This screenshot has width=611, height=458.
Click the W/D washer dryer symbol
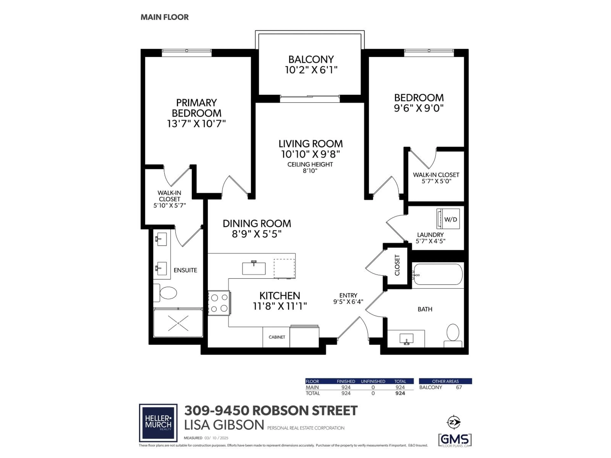click(x=448, y=219)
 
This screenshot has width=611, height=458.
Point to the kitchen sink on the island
click(x=254, y=268)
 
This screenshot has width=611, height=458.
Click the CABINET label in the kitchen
click(x=277, y=337)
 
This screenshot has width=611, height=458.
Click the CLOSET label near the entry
click(x=397, y=265)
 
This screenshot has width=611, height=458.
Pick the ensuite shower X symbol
click(x=178, y=323)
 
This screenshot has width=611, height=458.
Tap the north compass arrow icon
click(x=453, y=422)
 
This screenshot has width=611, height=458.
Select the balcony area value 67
click(x=459, y=387)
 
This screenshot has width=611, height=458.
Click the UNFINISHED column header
click(x=373, y=381)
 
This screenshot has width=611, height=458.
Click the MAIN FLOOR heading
click(x=165, y=17)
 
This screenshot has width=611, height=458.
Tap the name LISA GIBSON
click(x=224, y=425)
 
